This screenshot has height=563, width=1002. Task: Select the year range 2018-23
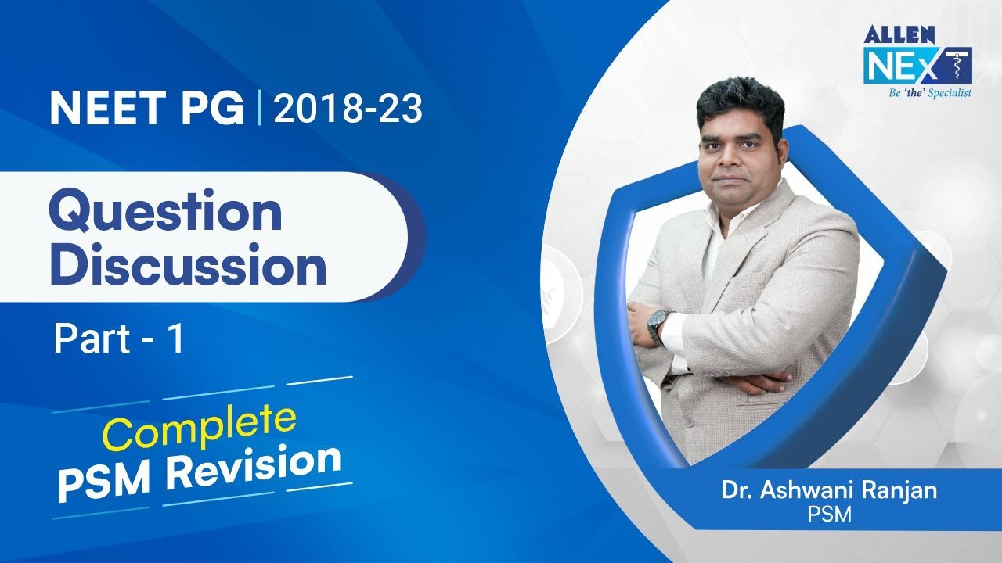click(x=348, y=109)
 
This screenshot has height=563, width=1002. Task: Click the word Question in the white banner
click(x=165, y=213)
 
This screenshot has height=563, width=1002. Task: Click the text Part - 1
click(x=119, y=340)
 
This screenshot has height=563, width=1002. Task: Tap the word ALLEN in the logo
click(x=889, y=35)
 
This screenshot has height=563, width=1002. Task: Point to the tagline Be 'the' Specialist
click(x=918, y=93)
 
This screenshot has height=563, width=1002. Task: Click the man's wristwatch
click(x=659, y=321)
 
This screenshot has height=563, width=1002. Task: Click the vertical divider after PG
click(x=258, y=109)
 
